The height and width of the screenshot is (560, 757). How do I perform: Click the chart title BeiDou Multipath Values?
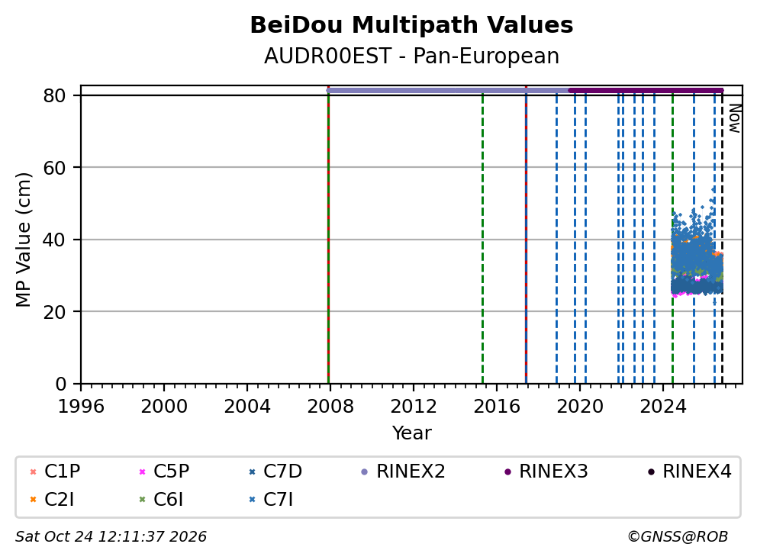[411, 25]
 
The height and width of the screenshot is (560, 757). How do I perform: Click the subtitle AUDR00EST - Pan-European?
[411, 56]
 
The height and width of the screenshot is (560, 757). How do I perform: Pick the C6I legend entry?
[162, 500]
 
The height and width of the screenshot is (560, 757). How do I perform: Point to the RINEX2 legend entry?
[403, 471]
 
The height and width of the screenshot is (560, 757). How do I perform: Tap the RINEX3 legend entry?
[546, 471]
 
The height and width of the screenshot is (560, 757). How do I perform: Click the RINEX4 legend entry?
[689, 471]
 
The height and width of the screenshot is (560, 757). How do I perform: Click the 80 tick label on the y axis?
[54, 96]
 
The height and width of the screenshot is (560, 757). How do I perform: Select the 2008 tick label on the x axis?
[330, 407]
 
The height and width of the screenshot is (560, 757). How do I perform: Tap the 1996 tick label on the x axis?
[81, 407]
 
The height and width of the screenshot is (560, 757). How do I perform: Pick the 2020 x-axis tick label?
[580, 407]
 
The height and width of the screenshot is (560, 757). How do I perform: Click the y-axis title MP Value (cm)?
[23, 240]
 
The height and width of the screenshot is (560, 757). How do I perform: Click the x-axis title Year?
[411, 433]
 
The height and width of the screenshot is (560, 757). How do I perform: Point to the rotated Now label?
[735, 118]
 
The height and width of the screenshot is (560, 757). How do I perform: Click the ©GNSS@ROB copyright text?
[678, 536]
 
